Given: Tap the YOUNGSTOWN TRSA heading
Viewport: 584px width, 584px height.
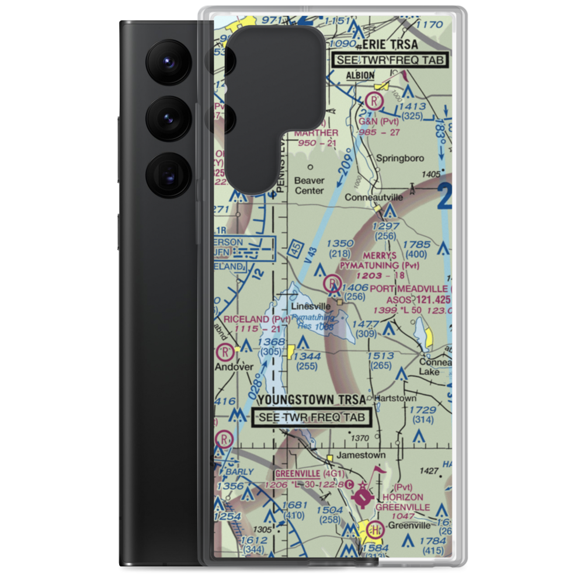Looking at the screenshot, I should pyautogui.click(x=311, y=400).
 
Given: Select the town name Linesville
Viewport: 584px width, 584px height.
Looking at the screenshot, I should pyautogui.click(x=311, y=306).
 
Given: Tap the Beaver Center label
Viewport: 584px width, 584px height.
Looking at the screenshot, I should pyautogui.click(x=309, y=185).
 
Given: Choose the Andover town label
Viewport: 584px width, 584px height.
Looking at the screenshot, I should pyautogui.click(x=234, y=367).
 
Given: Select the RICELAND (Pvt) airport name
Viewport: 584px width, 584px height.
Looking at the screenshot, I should pyautogui.click(x=253, y=319).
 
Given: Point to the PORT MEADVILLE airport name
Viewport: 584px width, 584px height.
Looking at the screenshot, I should pyautogui.click(x=411, y=288).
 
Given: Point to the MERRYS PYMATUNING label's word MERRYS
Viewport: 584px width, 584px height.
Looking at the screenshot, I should pyautogui.click(x=380, y=256).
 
